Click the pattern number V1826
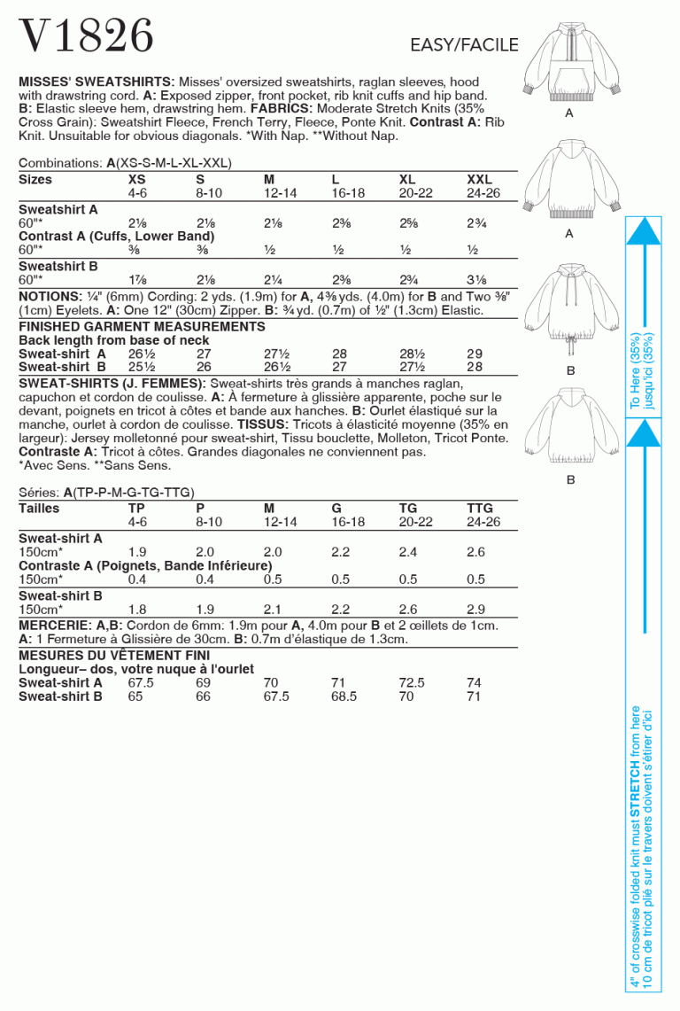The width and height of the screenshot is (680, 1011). pos(86,36)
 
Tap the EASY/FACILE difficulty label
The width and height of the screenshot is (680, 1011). pos(463,45)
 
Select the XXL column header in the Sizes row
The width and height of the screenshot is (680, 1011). pos(479,180)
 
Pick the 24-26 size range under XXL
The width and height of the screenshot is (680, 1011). pos(483,192)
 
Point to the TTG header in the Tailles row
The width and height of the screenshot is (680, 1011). pos(480,509)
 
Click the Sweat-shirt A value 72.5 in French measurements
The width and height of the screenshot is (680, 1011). pos(412,683)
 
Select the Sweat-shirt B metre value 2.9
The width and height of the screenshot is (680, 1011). pos(475,610)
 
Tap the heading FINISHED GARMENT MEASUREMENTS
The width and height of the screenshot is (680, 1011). pos(142,327)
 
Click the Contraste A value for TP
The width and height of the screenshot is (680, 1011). pos(137,579)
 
